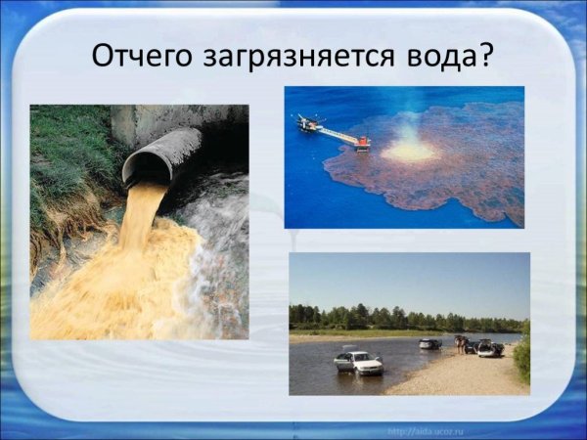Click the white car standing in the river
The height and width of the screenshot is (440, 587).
358,363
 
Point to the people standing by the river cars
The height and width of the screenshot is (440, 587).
460,342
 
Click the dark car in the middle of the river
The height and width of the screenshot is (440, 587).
429,343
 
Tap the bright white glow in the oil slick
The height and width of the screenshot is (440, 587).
409,151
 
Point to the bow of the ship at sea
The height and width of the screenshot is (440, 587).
305,122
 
